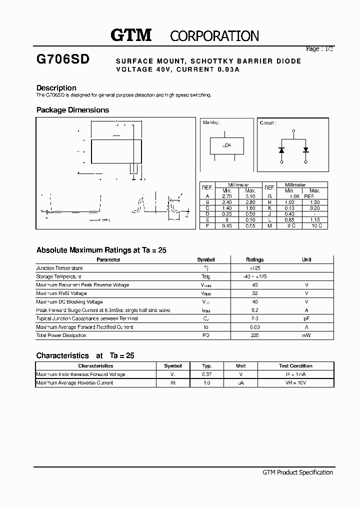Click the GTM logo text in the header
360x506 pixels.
click(x=130, y=35)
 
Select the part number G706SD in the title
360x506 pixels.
click(x=63, y=59)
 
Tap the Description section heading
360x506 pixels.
click(x=56, y=87)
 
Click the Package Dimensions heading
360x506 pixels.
click(x=72, y=110)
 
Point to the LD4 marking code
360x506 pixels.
click(x=226, y=145)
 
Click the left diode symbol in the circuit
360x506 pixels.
click(x=281, y=149)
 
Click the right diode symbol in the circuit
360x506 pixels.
click(x=306, y=149)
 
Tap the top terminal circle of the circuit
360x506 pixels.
click(x=293, y=130)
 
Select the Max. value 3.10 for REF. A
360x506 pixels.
click(x=250, y=196)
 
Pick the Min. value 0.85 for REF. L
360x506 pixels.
click(x=289, y=219)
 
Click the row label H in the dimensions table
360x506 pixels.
click(x=269, y=202)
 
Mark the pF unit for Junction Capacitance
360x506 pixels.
click(x=306, y=318)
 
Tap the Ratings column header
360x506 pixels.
click(x=254, y=259)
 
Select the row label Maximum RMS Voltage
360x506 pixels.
click(x=61, y=293)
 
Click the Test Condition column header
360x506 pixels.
click(x=295, y=366)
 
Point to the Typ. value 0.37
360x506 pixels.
click(x=206, y=374)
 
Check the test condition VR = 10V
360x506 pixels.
click(x=295, y=383)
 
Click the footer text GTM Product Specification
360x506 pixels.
click(x=297, y=472)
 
